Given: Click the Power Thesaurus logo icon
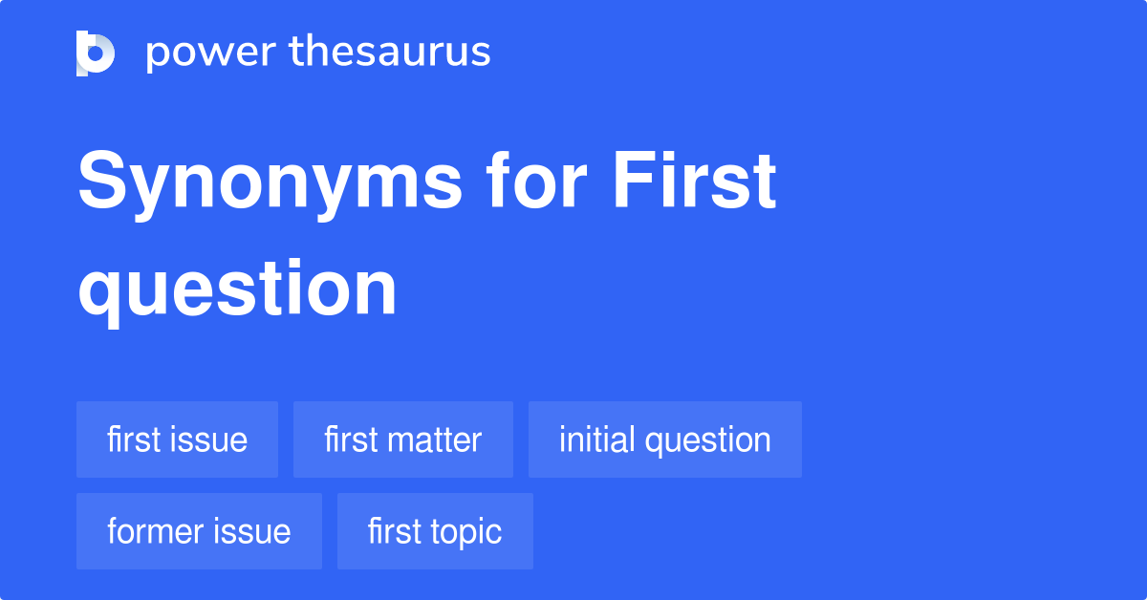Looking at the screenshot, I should click(96, 53).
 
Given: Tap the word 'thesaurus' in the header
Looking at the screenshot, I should click(390, 53).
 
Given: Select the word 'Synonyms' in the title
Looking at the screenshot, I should click(270, 183).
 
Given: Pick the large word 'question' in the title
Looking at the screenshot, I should click(237, 289).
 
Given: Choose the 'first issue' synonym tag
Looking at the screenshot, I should click(177, 439).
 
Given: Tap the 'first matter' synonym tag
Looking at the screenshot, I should click(402, 439).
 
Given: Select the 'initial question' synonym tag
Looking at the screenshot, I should click(664, 439).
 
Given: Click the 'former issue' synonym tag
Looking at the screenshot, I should click(199, 531).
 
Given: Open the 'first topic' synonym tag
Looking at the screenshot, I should click(435, 531).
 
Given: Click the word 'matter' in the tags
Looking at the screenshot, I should click(434, 439).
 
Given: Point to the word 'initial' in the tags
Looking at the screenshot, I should click(597, 439).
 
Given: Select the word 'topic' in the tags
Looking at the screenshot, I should click(465, 531).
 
